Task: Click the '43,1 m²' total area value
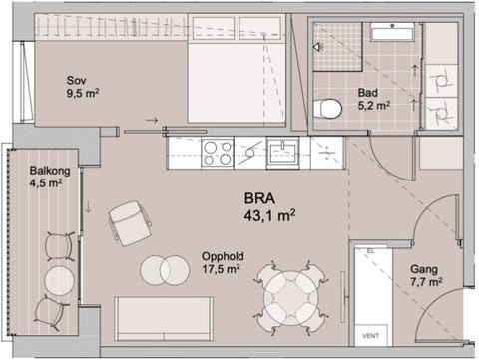click(x=269, y=214)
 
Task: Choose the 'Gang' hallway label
click(x=424, y=269)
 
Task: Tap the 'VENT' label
click(x=371, y=336)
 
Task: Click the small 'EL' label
click(x=369, y=251)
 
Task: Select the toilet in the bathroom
click(x=324, y=106)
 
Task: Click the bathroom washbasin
click(x=389, y=35)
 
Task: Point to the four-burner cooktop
click(x=218, y=152)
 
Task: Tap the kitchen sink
click(x=279, y=153)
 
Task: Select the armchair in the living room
click(x=127, y=221)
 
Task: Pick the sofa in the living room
click(x=164, y=319)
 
